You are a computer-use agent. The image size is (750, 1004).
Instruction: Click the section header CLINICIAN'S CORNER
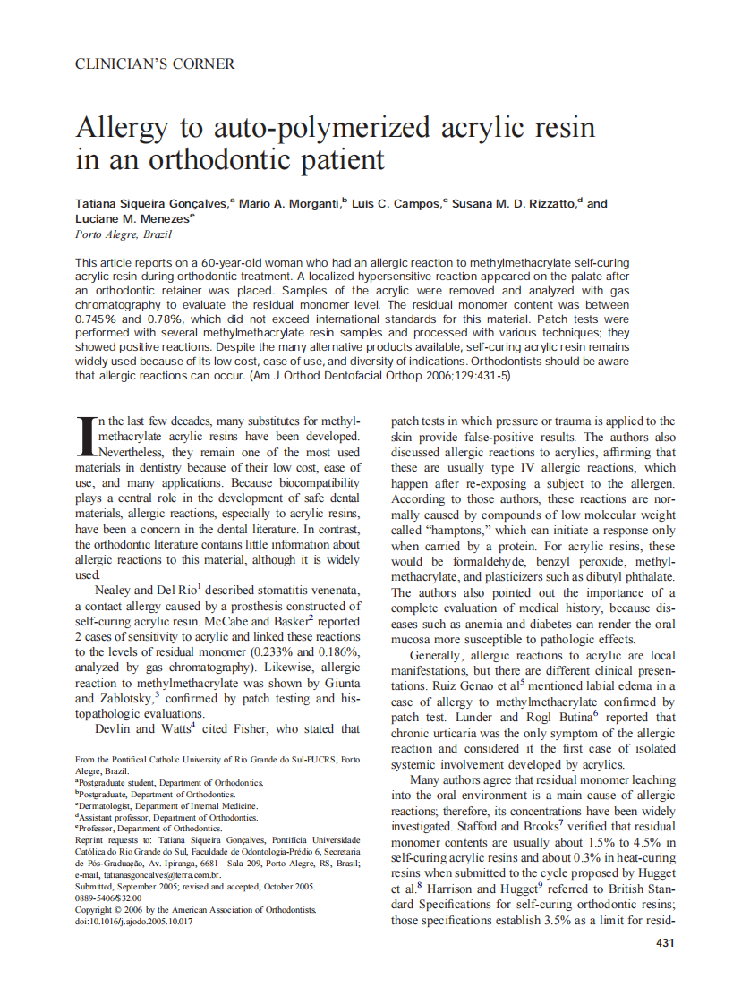(x=155, y=64)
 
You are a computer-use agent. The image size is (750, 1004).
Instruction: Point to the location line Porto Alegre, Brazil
(x=123, y=234)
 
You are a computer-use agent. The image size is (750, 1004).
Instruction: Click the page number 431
(x=665, y=942)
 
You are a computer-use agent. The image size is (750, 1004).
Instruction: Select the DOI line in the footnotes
(x=133, y=921)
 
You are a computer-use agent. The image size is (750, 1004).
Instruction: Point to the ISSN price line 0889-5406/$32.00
(x=108, y=898)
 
